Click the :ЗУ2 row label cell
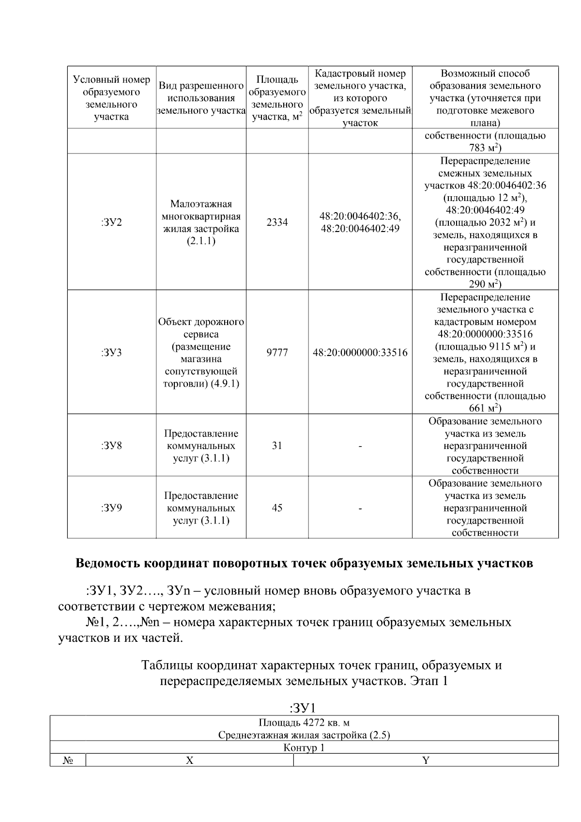point(111,222)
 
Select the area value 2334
point(277,222)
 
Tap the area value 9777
point(277,353)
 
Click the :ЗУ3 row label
point(111,353)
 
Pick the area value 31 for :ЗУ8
point(277,446)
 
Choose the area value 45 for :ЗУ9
point(277,508)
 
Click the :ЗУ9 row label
point(111,508)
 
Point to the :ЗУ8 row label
point(111,446)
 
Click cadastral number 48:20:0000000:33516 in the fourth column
point(360,353)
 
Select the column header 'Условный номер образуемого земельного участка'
point(111,98)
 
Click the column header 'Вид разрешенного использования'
point(201,98)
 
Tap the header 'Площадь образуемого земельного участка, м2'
point(277,98)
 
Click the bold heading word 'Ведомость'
point(109,564)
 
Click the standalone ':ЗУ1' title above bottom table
point(303,708)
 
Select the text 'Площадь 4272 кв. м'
point(304,723)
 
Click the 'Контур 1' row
point(304,748)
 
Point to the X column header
point(190,760)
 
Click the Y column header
point(426,760)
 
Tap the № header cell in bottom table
point(68,760)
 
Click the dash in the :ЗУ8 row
point(360,446)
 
